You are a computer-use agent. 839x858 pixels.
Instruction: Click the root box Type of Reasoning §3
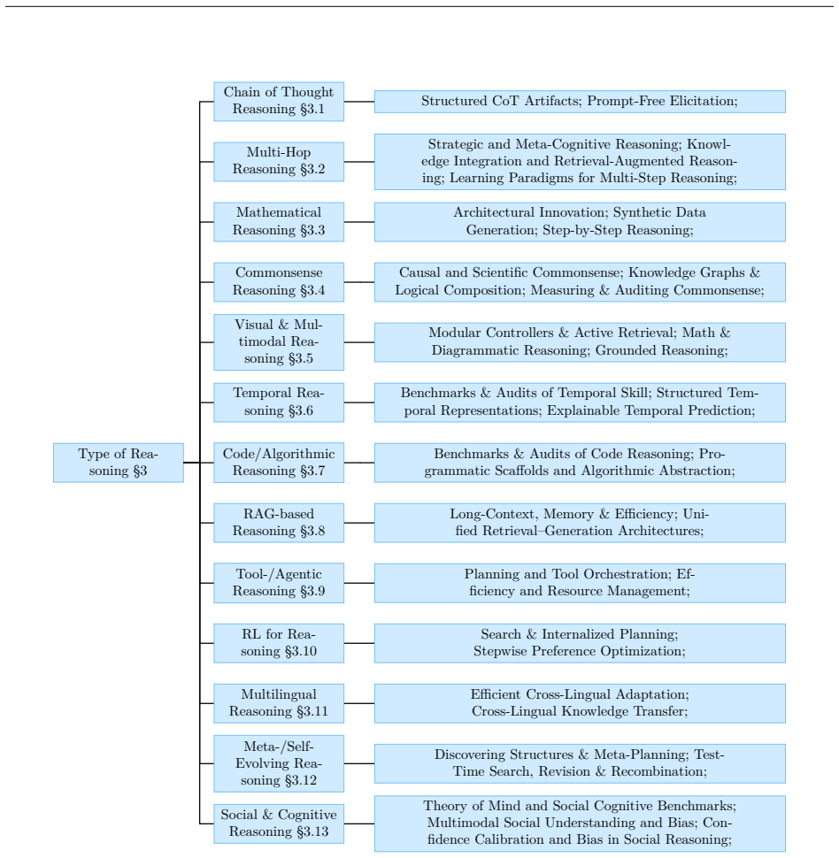point(119,463)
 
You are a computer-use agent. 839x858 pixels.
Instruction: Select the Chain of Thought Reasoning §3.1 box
point(279,101)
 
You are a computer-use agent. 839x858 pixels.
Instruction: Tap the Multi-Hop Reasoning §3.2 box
point(279,161)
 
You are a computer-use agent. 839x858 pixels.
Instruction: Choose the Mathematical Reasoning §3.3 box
point(279,222)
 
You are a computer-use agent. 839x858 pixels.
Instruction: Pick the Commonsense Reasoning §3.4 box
point(279,282)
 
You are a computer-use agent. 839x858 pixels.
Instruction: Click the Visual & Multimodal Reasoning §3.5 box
point(279,342)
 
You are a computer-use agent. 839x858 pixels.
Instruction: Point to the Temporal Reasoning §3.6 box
point(279,402)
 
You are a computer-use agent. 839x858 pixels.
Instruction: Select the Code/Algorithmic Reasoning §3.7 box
point(279,463)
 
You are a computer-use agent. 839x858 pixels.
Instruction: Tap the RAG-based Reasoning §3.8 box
point(279,523)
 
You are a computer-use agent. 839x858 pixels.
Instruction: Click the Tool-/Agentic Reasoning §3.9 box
point(279,583)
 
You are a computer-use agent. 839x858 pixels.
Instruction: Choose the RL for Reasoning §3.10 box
point(279,643)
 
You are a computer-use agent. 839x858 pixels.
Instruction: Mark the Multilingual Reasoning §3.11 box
point(279,703)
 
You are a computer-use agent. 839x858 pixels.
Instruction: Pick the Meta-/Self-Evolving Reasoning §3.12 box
point(279,763)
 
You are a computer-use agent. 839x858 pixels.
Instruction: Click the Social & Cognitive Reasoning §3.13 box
point(279,824)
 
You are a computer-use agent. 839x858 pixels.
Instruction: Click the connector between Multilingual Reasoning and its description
point(359,703)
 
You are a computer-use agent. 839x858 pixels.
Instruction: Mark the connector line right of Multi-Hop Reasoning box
point(359,161)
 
